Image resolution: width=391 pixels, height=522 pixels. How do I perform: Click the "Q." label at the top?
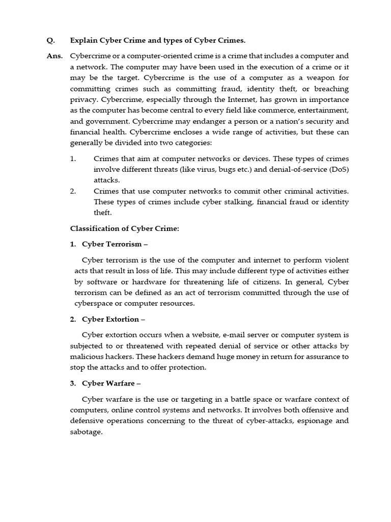pyautogui.click(x=50, y=40)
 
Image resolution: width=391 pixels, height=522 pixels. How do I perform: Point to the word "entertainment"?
pyautogui.click(x=324, y=110)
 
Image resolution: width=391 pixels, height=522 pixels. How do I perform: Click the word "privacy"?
pyautogui.click(x=82, y=99)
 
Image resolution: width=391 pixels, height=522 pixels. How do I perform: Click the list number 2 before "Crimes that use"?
pyautogui.click(x=73, y=191)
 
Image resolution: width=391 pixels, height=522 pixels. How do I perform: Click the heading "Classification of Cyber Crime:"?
pyautogui.click(x=124, y=228)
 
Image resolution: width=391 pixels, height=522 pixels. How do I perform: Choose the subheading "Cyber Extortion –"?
pyautogui.click(x=114, y=319)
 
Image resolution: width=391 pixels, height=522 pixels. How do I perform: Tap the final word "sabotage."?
pyautogui.click(x=89, y=431)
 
